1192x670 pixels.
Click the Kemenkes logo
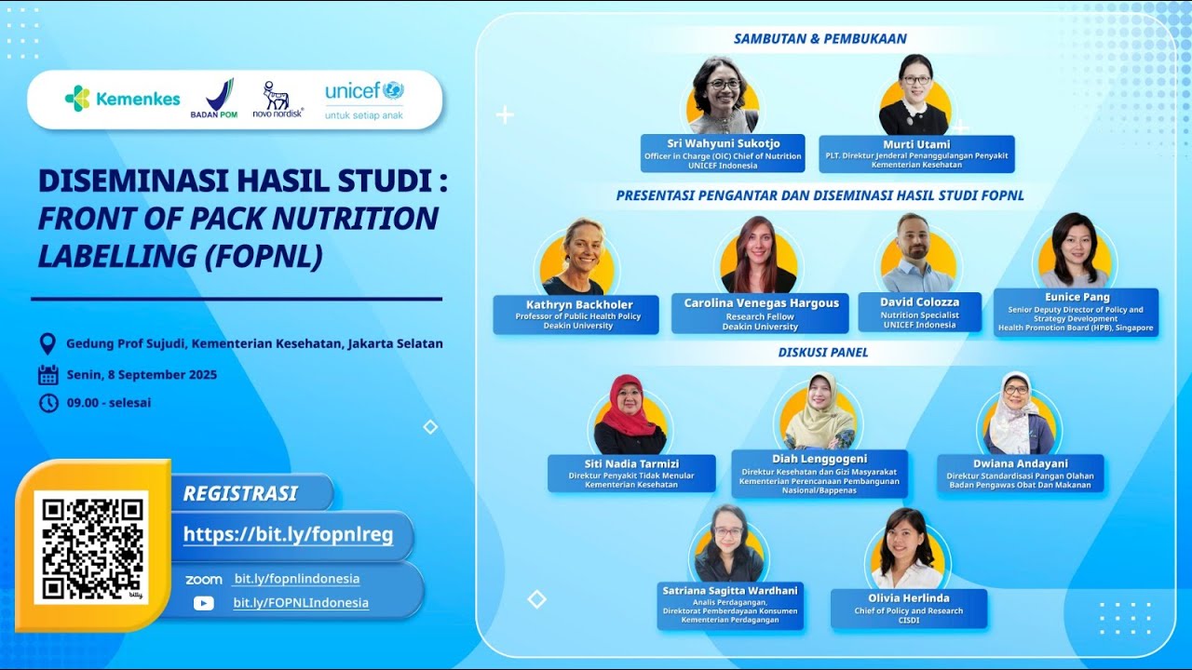[x=122, y=99]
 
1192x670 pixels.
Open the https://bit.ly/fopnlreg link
[x=288, y=535]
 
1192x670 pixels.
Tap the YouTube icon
[x=203, y=603]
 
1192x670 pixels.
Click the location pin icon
[x=47, y=343]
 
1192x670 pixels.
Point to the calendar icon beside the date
[x=47, y=375]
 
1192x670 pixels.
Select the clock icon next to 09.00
[x=47, y=403]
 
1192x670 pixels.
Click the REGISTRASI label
[x=240, y=493]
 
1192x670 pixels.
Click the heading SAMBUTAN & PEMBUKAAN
[x=819, y=39]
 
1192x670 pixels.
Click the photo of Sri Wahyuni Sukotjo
[x=723, y=97]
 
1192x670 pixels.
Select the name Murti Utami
[x=916, y=144]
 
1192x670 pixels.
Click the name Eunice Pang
[x=1076, y=298]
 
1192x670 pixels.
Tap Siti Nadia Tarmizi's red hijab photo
[x=630, y=416]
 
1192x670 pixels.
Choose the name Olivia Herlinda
[x=907, y=597]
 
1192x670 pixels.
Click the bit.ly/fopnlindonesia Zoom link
[x=296, y=579]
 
